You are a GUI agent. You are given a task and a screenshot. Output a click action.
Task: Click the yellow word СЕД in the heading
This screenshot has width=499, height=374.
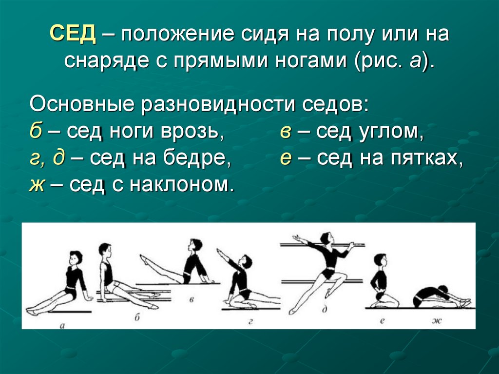pos(74,36)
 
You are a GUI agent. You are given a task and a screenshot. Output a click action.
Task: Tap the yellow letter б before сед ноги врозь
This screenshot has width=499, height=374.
pos(35,132)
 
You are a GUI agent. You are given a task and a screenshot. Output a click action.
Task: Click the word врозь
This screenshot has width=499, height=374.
pos(194,132)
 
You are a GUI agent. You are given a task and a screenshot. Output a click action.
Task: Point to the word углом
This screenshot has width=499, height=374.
pos(392,132)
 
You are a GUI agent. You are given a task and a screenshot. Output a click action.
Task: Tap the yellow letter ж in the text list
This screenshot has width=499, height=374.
pos(36,185)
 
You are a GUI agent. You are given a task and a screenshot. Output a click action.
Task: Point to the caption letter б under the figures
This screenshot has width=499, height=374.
pos(137,317)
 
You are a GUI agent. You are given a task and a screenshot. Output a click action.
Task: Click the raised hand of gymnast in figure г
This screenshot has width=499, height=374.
pos(219,252)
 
